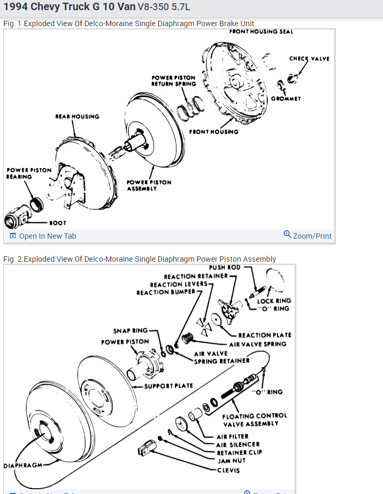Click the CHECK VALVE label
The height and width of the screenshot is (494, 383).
coord(309,59)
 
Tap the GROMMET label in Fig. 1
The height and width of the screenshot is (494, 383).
coord(286,98)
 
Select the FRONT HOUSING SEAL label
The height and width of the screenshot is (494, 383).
coord(261,32)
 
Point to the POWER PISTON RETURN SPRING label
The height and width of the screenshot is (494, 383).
coord(173,81)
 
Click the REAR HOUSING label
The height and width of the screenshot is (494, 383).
coord(77,116)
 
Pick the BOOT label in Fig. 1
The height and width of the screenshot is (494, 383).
coord(58,223)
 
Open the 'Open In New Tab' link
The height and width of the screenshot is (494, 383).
coord(47,236)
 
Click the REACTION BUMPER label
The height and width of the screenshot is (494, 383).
coord(167,293)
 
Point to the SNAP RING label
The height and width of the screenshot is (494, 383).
coord(130,331)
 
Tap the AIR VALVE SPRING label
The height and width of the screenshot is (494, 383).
coord(257,344)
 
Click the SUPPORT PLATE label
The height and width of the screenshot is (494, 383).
coord(168,386)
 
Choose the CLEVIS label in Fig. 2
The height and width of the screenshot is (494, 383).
coord(228,471)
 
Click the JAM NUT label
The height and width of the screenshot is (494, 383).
coord(232,460)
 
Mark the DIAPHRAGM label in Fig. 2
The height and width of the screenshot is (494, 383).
coord(23,465)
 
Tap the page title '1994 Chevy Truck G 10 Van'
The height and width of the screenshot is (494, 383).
coord(69,7)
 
